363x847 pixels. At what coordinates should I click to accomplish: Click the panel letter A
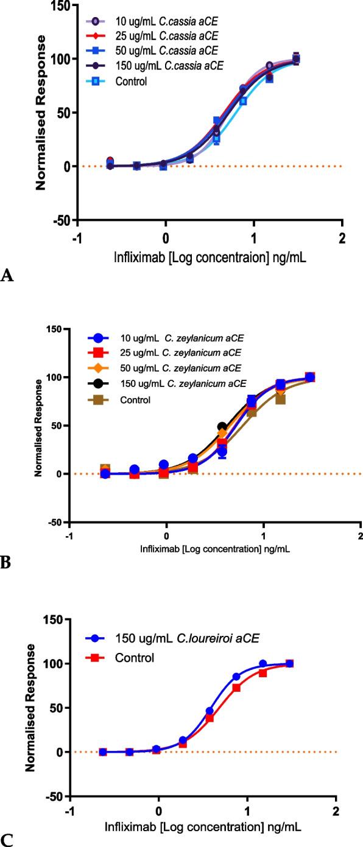click(7, 277)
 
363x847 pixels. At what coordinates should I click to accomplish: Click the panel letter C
click(7, 838)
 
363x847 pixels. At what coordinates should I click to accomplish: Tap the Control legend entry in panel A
click(132, 81)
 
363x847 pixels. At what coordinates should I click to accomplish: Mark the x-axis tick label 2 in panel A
click(342, 237)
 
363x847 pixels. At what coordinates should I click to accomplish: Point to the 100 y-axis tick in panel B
click(57, 377)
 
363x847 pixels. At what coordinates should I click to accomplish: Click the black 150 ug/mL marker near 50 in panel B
click(222, 427)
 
